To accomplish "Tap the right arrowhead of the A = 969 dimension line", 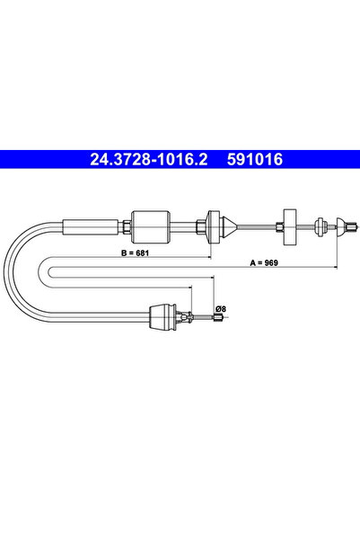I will [334, 267].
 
